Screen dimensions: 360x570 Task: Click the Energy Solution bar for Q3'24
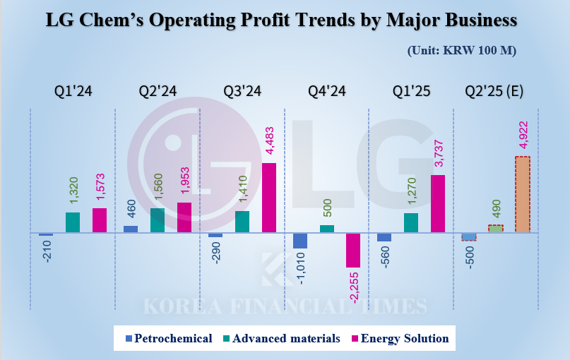268,198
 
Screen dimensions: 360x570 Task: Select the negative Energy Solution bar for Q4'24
353,250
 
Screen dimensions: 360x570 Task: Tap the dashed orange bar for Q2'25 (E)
522,194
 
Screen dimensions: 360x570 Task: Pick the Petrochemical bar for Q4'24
300,241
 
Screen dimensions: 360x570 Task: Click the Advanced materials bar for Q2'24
157,220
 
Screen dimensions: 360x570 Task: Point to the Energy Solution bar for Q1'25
437,203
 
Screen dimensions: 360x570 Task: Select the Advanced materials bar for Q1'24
73,222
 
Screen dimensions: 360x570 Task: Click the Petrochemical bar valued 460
131,229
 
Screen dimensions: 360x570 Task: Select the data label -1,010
300,269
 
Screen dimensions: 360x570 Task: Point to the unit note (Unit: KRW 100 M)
462,51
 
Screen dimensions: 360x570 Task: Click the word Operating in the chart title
210,20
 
